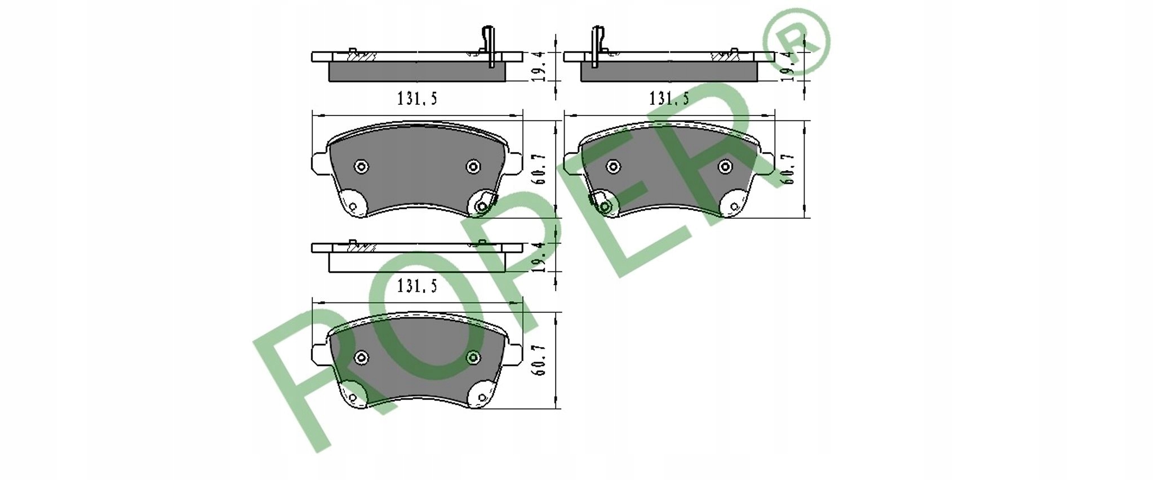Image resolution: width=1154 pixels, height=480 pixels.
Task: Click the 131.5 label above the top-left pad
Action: click(x=417, y=99)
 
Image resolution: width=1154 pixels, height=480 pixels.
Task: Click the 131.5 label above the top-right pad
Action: click(x=669, y=99)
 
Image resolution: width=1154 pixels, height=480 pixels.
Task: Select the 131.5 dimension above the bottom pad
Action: click(x=417, y=286)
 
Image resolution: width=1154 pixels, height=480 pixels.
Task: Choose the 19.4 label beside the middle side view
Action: click(x=538, y=258)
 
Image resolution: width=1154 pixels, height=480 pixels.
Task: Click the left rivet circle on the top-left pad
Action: click(x=361, y=167)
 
